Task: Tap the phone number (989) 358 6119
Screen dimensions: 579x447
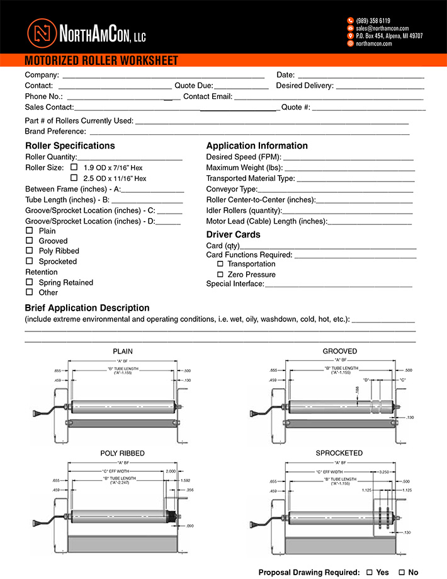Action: coord(373,21)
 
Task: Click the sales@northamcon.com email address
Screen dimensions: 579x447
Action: coord(382,28)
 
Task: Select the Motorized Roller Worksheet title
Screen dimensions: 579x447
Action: coord(101,61)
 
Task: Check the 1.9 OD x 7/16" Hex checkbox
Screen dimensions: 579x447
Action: coord(74,168)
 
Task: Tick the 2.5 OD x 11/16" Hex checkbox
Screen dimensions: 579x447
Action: coord(74,178)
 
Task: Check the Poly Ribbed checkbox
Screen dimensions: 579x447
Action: coord(29,251)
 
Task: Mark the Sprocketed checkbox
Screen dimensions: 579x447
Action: coord(29,261)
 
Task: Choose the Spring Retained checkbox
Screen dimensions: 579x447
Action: coord(29,282)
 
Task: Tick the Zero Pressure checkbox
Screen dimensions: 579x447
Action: coord(220,275)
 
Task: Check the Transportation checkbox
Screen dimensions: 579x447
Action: coord(220,264)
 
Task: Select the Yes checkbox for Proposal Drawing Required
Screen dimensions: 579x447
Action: coord(370,572)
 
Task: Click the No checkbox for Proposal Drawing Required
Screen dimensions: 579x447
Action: coord(402,572)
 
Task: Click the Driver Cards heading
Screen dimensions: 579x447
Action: coord(233,234)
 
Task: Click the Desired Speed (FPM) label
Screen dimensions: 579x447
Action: coord(243,157)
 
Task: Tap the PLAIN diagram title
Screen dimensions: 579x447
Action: coord(123,352)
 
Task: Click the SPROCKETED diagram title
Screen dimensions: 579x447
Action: coord(339,453)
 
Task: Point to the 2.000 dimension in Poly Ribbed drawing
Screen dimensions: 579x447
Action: coord(171,471)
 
